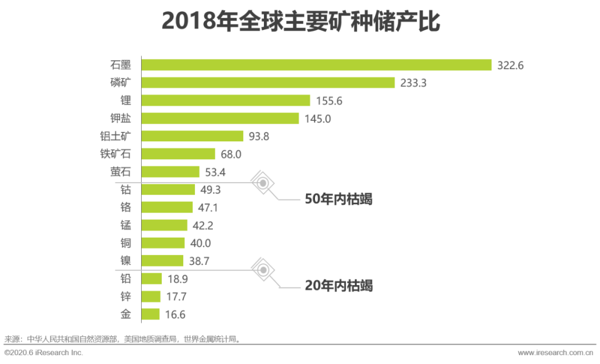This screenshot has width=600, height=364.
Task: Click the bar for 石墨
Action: [x=317, y=65]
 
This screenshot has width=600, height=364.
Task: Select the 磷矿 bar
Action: [x=268, y=83]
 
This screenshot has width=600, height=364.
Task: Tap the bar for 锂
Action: [x=226, y=101]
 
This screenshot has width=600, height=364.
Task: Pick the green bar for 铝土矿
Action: [x=192, y=136]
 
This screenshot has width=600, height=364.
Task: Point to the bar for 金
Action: [x=151, y=314]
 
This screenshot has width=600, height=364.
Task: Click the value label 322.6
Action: [x=511, y=66]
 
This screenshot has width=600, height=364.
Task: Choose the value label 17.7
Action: [x=177, y=297]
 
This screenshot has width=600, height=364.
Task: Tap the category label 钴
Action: [x=126, y=189]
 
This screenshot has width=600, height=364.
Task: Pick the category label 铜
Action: [x=126, y=243]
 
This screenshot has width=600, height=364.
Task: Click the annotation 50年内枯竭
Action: [x=338, y=199]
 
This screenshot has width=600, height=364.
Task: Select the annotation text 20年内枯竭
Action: [x=338, y=286]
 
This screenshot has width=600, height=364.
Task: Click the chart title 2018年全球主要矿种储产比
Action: [x=300, y=22]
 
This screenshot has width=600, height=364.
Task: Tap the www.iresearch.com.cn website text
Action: [x=555, y=353]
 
